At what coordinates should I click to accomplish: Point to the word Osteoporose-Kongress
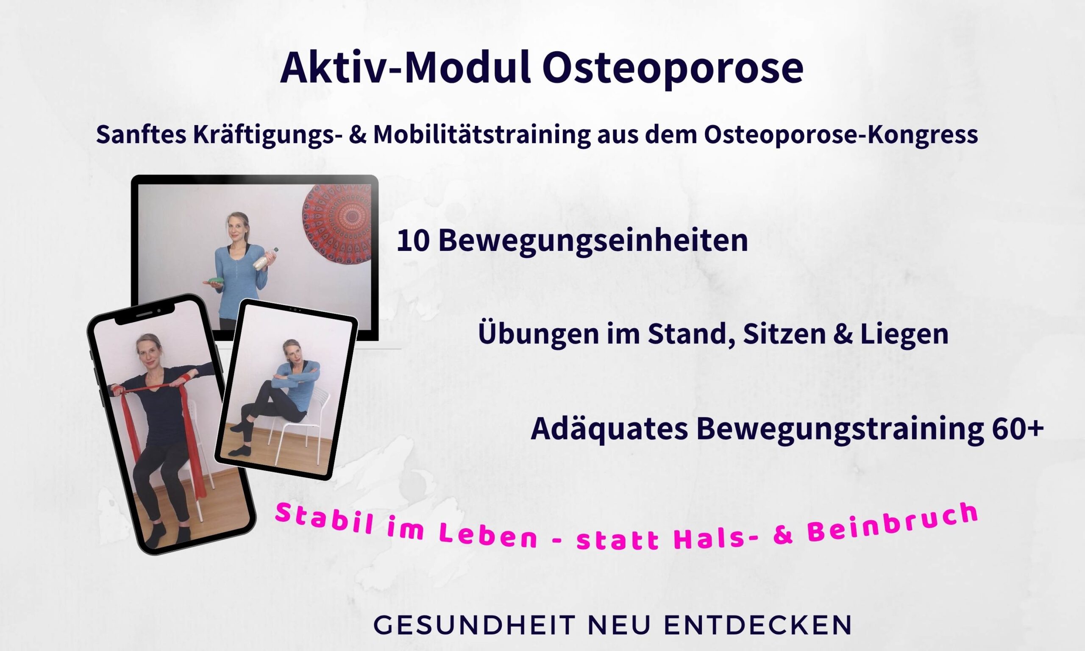tap(841, 135)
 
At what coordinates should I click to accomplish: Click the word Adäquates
tap(609, 429)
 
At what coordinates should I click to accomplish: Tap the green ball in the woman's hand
tap(215, 281)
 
